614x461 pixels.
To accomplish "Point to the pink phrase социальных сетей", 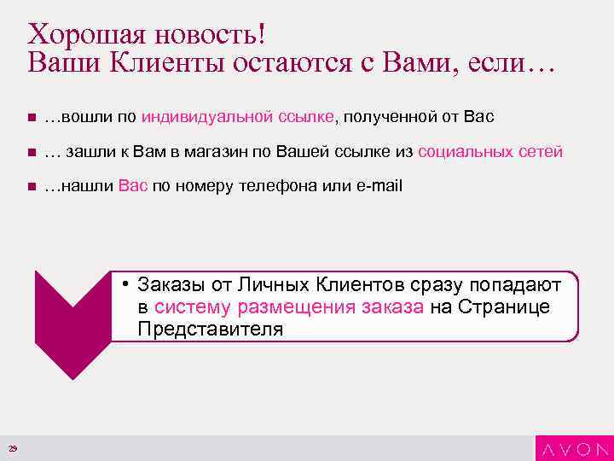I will click(490, 151).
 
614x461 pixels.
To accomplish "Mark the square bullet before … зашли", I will click(30, 152).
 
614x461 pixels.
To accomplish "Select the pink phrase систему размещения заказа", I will click(288, 307).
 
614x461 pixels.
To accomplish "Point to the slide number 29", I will click(13, 450).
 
